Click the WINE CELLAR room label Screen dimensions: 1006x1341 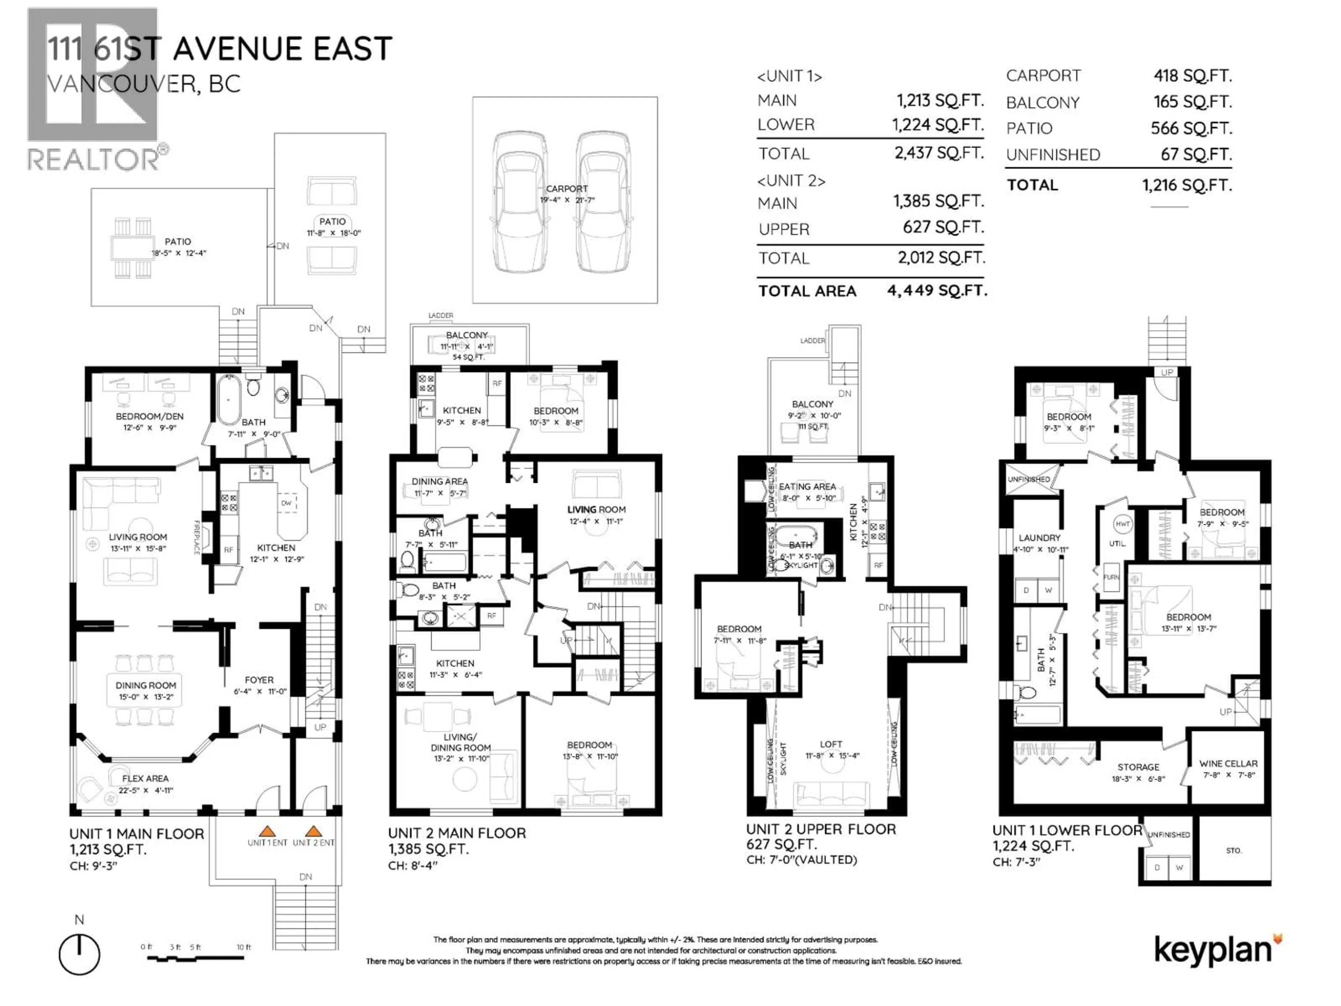[x=1228, y=764]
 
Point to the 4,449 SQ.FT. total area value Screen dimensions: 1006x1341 [x=937, y=291]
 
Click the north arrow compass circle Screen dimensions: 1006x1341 [x=79, y=954]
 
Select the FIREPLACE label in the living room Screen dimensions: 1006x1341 [x=196, y=537]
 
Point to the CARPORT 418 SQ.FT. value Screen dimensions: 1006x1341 [x=1193, y=76]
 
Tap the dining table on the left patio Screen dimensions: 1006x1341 [x=132, y=247]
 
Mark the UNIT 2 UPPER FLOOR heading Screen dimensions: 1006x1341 [x=821, y=829]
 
